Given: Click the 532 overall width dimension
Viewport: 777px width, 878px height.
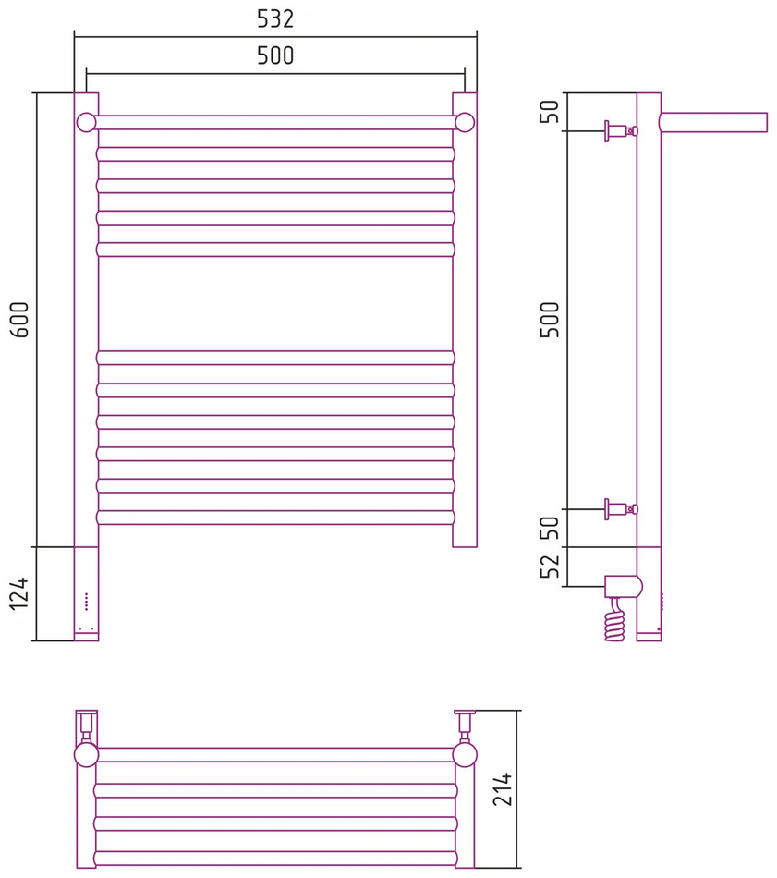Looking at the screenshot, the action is point(275,19).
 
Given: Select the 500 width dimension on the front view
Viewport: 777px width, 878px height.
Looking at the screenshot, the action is point(275,55).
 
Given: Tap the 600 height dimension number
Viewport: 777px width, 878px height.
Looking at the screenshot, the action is point(20,320).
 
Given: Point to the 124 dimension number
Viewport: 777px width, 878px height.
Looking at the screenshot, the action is point(19,593).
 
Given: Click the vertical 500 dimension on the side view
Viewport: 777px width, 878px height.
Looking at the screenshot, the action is point(551,320).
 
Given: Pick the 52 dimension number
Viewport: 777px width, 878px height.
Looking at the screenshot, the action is point(551,566).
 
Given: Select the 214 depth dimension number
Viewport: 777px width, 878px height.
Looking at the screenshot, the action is point(503,789).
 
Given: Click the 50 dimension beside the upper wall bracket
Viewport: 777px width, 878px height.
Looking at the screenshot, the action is point(551,111).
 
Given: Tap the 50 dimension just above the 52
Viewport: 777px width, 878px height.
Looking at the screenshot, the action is point(551,528).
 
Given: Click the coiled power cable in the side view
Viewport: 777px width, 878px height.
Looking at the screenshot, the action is point(614,620).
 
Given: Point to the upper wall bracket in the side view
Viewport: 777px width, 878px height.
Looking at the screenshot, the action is point(621,131).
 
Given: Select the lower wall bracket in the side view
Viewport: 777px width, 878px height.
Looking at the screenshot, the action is point(621,509).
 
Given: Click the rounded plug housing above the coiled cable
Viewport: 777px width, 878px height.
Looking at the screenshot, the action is point(623,587).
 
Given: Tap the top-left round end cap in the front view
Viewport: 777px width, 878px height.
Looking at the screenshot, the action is point(86,122).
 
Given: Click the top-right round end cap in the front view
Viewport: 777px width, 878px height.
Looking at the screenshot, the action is point(465,122).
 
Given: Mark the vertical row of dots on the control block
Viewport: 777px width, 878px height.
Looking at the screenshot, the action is point(86,601).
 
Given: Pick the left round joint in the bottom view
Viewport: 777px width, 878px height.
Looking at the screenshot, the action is point(86,755).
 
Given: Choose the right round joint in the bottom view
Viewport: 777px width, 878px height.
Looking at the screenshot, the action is point(465,755).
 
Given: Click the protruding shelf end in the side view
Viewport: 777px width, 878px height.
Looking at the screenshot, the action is point(713,123).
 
